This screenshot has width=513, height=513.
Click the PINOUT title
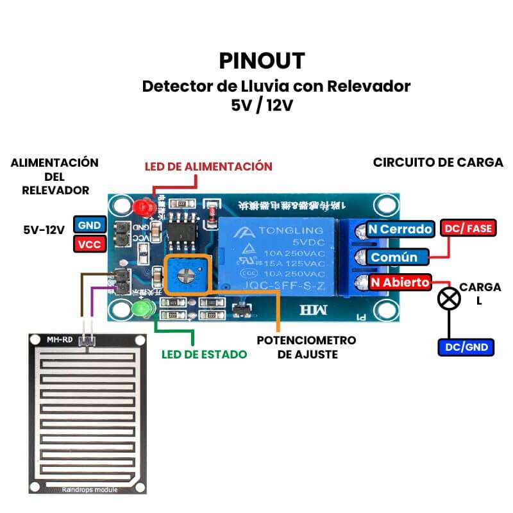262,60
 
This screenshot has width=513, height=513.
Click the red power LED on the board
142,208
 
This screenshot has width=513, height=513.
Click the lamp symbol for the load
448,299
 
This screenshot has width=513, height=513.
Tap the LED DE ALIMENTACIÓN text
208,166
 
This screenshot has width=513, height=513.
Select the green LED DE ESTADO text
204,354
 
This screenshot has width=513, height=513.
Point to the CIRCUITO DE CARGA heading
438,162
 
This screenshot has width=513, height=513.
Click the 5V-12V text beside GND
44,228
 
